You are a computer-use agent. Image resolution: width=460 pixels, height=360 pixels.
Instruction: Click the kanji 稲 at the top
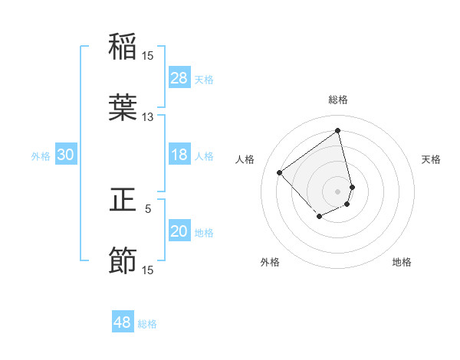click(x=123, y=46)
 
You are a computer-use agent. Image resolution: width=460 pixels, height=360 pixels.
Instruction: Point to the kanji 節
click(x=123, y=261)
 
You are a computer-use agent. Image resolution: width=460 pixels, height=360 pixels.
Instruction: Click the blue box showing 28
click(x=179, y=77)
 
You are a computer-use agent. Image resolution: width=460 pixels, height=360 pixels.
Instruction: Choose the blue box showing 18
click(x=179, y=155)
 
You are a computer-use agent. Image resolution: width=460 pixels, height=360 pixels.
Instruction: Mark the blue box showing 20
click(x=179, y=231)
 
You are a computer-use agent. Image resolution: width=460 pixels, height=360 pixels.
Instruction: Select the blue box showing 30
click(x=66, y=155)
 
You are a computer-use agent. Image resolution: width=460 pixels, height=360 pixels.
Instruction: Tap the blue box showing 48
click(x=123, y=322)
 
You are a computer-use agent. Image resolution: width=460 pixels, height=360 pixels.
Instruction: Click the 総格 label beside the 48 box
click(x=147, y=324)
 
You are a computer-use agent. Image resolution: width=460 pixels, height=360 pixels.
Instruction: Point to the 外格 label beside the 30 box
click(x=41, y=156)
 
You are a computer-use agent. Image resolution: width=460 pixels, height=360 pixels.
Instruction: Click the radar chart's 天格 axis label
click(x=432, y=159)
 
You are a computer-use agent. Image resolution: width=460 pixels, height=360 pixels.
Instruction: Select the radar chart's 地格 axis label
click(x=402, y=262)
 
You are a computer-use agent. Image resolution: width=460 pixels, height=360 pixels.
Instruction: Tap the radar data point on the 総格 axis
click(x=337, y=130)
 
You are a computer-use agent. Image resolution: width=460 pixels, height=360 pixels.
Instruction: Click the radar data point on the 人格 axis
click(x=280, y=172)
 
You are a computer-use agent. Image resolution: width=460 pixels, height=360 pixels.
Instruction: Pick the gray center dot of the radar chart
click(x=337, y=191)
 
